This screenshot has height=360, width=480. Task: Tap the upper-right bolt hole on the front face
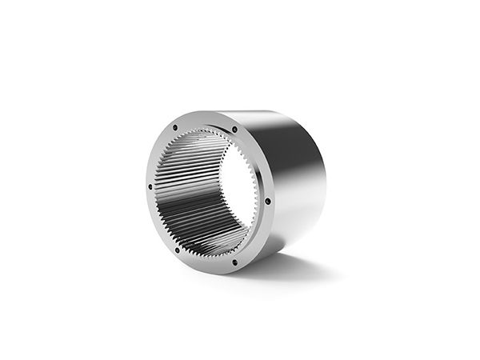click(x=234, y=130)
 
